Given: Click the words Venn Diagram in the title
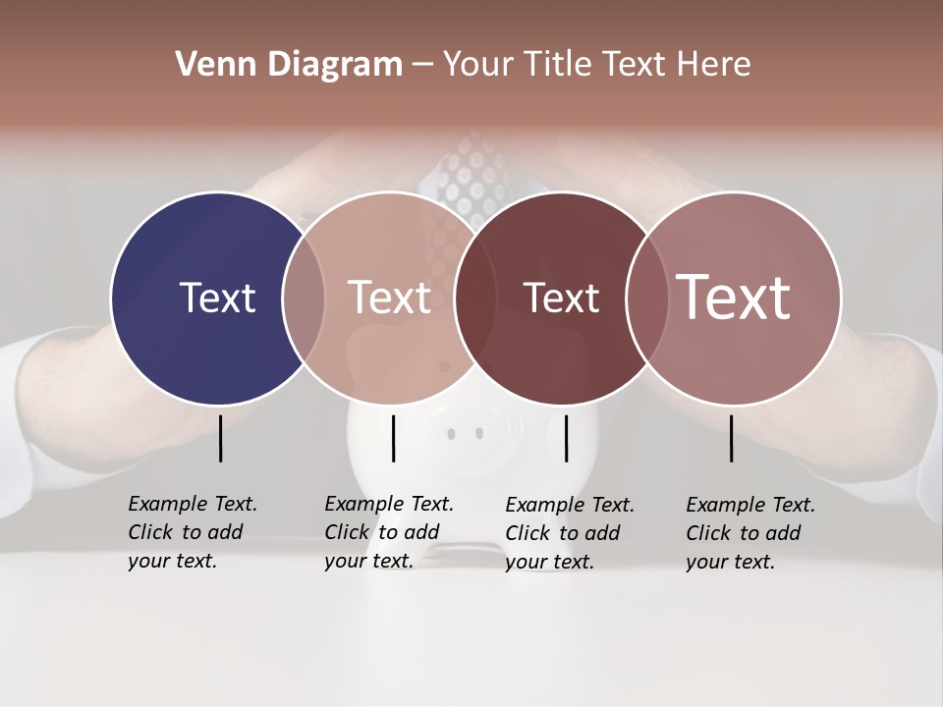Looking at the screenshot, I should click(289, 65).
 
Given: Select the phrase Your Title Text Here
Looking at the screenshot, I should click(596, 65).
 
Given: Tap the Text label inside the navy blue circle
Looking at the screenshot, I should click(217, 298).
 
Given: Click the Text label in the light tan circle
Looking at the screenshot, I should click(390, 298).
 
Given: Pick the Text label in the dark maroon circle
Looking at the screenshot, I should click(561, 298).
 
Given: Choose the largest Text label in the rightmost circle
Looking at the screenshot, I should click(734, 297).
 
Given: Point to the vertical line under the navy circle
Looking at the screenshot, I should click(220, 438).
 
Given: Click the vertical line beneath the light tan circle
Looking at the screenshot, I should click(393, 438).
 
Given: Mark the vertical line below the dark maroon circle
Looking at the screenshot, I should click(566, 438).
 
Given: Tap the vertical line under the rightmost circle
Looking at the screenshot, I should click(732, 438).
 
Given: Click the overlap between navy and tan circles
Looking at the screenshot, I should click(304, 298).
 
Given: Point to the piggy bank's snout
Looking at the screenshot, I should click(466, 432).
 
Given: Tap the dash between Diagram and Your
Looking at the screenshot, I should click(422, 65).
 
